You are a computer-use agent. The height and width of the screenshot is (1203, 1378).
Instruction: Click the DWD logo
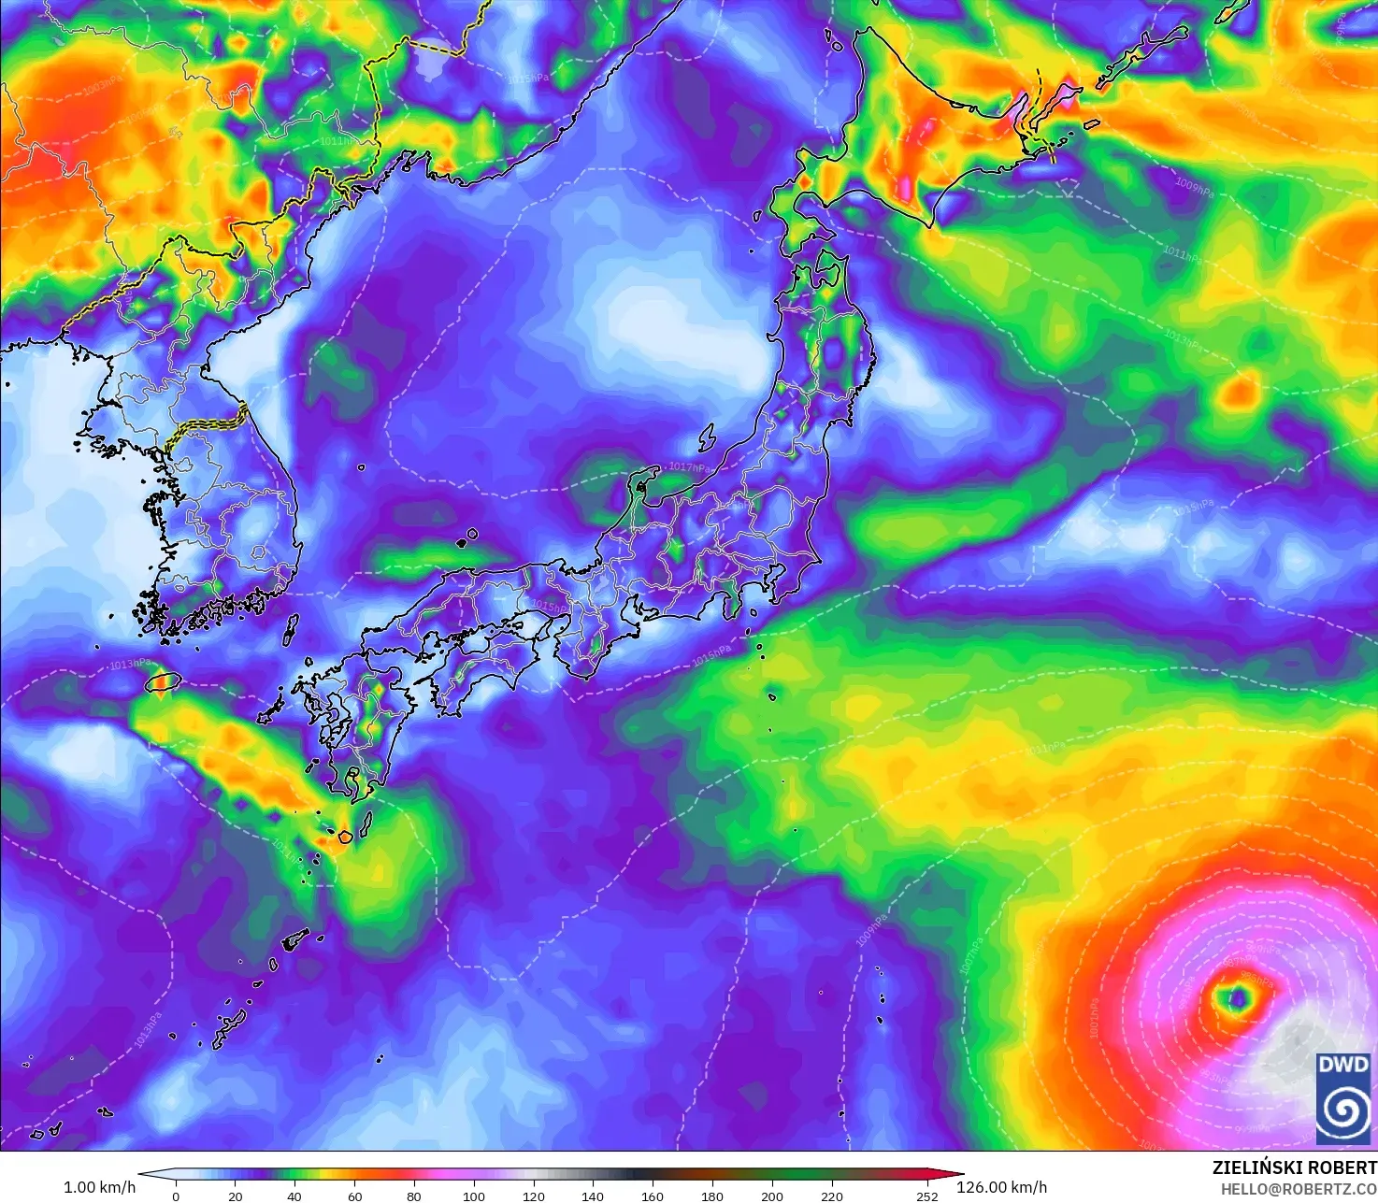(1343, 1097)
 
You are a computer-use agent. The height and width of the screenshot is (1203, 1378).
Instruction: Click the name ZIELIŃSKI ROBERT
(1294, 1167)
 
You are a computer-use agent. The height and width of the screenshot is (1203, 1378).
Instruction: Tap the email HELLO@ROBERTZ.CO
(1299, 1188)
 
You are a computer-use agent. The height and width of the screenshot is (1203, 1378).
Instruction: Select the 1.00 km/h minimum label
(99, 1187)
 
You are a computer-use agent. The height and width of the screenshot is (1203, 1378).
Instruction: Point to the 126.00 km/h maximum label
(1001, 1187)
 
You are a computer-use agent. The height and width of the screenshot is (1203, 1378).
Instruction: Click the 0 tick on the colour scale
(176, 1196)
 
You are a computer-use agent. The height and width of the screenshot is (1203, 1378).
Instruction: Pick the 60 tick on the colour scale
(354, 1196)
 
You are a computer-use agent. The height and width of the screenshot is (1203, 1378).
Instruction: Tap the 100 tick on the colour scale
(474, 1196)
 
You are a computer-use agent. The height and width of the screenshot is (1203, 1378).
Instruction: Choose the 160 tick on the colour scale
(653, 1196)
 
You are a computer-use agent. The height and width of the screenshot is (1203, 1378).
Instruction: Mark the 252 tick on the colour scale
(926, 1196)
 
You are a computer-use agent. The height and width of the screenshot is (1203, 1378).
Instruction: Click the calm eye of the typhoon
(1238, 999)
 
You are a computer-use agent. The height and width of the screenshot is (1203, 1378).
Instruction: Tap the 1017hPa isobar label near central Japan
(689, 466)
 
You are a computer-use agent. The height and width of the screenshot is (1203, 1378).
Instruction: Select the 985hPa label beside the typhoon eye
(1257, 981)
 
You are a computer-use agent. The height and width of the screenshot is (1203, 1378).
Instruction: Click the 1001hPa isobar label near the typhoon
(1094, 1018)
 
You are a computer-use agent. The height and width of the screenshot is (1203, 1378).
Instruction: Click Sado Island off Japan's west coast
(705, 437)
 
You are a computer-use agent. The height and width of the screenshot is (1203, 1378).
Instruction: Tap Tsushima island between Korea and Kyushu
(290, 627)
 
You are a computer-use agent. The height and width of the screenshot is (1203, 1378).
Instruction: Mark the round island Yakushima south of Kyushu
(344, 837)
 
